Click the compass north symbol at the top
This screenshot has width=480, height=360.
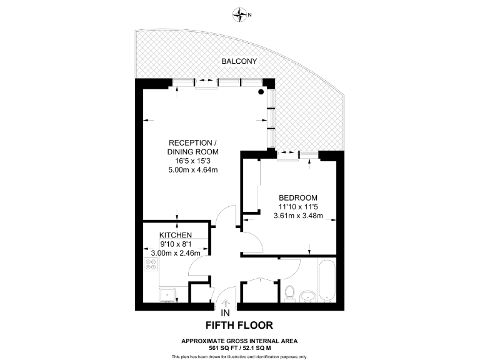click(x=239, y=12)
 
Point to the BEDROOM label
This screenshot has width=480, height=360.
click(x=298, y=197)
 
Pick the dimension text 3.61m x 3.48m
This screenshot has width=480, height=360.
click(x=298, y=216)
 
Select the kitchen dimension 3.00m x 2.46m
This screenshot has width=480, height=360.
click(x=175, y=253)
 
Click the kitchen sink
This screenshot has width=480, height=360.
click(x=167, y=294)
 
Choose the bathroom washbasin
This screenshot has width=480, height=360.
click(x=307, y=295)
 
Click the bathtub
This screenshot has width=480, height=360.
click(x=326, y=280)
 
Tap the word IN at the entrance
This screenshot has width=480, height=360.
click(x=226, y=312)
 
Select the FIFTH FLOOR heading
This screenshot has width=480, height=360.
click(x=239, y=325)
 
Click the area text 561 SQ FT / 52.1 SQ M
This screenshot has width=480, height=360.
click(x=239, y=347)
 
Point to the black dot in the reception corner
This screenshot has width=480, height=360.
click(x=261, y=92)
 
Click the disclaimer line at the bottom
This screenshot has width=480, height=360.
click(x=239, y=356)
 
